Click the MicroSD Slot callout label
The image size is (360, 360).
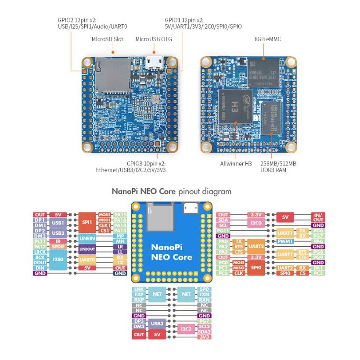108,39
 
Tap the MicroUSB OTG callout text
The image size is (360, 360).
154,39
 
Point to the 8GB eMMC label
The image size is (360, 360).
268,39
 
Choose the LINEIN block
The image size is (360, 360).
86,238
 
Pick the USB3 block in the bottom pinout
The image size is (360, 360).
157,324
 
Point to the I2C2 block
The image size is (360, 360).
185,329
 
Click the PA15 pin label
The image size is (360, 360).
119,215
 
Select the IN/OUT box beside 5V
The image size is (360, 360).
317,217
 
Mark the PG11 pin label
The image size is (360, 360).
223,230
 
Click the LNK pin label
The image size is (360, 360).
139,289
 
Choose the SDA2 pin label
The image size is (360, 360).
204,331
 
